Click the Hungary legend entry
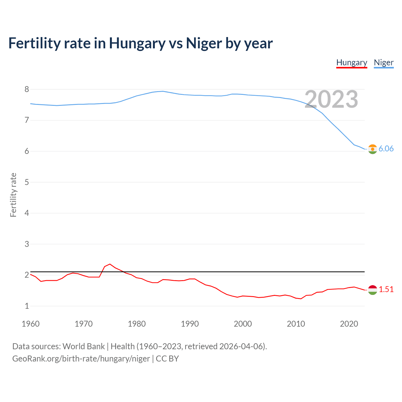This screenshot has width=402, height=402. click(x=351, y=62)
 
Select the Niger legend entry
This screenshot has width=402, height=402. click(x=383, y=62)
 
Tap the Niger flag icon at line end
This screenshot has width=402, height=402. click(x=372, y=149)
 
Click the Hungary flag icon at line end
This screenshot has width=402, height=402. click(x=372, y=290)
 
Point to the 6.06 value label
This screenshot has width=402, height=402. click(x=386, y=149)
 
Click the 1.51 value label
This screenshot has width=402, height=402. click(x=386, y=290)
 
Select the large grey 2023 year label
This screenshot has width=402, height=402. click(x=331, y=100)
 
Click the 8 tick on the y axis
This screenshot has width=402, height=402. click(x=27, y=90)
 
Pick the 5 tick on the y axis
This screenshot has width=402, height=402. click(x=27, y=182)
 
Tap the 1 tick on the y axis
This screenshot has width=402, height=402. click(x=27, y=306)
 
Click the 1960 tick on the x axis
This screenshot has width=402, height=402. click(x=30, y=324)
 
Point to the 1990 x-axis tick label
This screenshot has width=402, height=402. click(x=190, y=324)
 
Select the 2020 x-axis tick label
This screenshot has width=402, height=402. click(x=349, y=324)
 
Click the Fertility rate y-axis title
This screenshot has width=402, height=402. click(x=13, y=195)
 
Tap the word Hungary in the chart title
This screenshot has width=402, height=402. click(x=137, y=43)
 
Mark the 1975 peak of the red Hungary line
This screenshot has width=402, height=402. click(x=110, y=264)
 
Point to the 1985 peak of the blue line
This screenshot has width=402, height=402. click(x=162, y=91)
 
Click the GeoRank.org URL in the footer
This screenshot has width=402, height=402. click(x=81, y=359)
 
